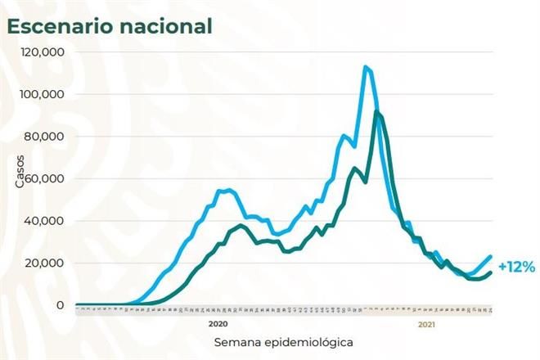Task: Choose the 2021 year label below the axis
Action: tap(426, 324)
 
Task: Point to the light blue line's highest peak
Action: tap(365, 67)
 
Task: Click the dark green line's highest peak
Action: tap(376, 111)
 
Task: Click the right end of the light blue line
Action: tap(490, 256)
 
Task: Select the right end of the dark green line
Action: tap(490, 272)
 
